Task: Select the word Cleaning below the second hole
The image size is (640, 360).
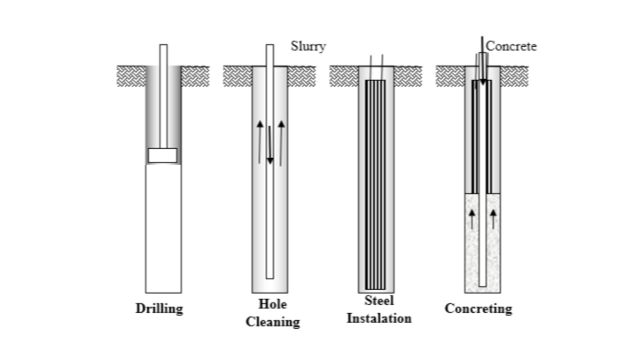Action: coord(272,322)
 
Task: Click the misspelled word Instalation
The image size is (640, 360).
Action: coord(379,317)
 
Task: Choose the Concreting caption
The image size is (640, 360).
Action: coord(478,309)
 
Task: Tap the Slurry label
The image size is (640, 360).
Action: coord(308,46)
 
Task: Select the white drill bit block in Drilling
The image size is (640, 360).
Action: coord(163,155)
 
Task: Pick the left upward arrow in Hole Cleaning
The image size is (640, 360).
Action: coord(260,142)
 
